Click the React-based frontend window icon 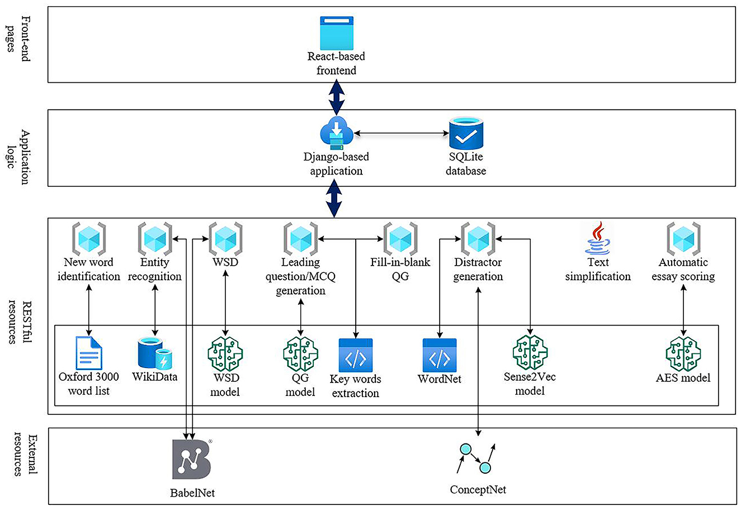tap(337, 33)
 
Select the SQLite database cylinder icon tap(466, 133)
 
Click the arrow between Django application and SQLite tap(402, 133)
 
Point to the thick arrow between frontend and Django tap(337, 97)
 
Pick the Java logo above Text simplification tap(597, 238)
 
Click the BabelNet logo tap(192, 459)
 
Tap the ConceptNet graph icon tap(476, 459)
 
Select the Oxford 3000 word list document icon tap(89, 352)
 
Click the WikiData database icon tap(155, 353)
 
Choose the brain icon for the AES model tap(683, 353)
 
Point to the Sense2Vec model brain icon tap(530, 352)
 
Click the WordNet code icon tap(440, 355)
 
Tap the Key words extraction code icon tap(356, 355)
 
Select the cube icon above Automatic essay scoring tap(683, 239)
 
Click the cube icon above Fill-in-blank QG tap(400, 239)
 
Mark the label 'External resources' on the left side tap(25, 454)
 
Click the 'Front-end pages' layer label tap(18, 39)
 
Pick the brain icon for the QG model tap(300, 353)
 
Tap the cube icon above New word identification tap(89, 239)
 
